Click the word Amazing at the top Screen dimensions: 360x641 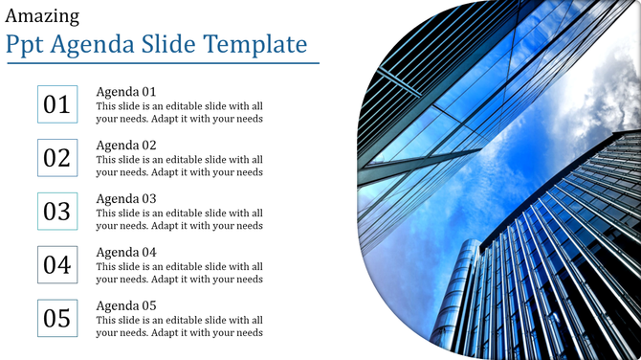(x=42, y=16)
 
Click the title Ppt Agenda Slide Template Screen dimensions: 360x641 (x=156, y=45)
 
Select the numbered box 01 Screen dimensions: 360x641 (x=57, y=104)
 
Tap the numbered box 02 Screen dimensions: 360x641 (x=57, y=158)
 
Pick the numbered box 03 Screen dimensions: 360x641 (x=57, y=212)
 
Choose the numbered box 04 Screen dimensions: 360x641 (x=57, y=265)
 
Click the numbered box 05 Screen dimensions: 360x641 (x=57, y=319)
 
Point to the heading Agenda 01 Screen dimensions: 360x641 (x=126, y=92)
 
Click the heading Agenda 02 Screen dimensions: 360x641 (x=126, y=146)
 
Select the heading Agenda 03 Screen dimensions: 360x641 (x=126, y=199)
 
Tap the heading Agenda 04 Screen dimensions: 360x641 (x=126, y=253)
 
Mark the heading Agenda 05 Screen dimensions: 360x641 (x=126, y=306)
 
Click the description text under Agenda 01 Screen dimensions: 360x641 (x=179, y=113)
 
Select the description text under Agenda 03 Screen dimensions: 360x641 (x=179, y=220)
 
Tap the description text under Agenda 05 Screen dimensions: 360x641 (x=179, y=327)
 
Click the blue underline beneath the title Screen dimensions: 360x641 (x=163, y=64)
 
